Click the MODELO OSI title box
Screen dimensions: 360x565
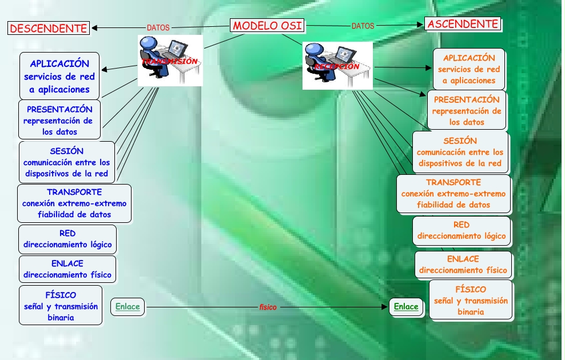click(267, 26)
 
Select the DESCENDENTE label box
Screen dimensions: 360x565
click(49, 28)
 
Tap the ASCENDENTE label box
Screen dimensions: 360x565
click(463, 24)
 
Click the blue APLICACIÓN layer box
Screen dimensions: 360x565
click(59, 76)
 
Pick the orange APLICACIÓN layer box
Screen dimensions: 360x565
click(469, 69)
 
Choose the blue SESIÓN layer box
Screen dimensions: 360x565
click(66, 162)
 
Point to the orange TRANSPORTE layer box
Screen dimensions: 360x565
click(453, 193)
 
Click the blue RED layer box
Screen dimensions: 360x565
click(67, 239)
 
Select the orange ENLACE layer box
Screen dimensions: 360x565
click(463, 265)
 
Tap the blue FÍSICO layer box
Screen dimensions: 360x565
click(61, 306)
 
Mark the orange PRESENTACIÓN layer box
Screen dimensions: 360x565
click(466, 110)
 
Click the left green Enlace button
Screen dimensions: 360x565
click(128, 306)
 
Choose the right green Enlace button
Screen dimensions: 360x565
click(406, 306)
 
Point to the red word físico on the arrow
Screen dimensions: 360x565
click(268, 307)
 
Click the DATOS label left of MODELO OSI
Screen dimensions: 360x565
click(158, 27)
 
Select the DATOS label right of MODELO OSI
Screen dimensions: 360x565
click(363, 26)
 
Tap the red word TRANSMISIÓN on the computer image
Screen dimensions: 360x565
click(170, 61)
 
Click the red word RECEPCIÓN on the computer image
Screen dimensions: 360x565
click(336, 66)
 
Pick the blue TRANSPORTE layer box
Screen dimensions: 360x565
click(74, 203)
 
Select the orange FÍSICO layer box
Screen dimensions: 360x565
click(470, 300)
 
